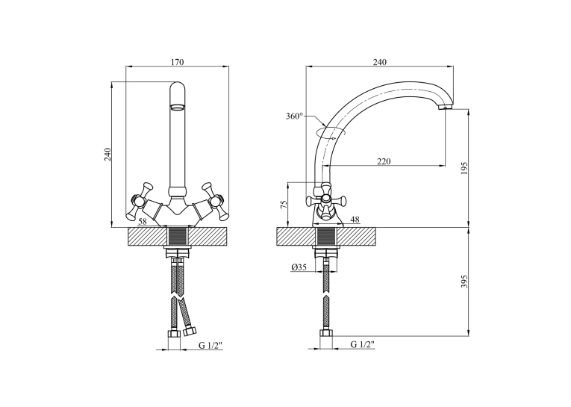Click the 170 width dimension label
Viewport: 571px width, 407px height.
[x=178, y=62]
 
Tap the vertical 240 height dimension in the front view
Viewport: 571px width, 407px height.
[x=107, y=155]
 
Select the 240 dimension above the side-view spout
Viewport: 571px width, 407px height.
[x=379, y=62]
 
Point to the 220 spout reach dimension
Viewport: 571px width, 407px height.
[x=384, y=161]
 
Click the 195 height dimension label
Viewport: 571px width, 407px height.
[x=464, y=168]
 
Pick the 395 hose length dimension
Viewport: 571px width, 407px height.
[x=464, y=282]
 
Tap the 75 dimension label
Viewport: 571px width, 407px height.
[x=285, y=204]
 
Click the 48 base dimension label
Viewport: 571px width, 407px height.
[x=355, y=220]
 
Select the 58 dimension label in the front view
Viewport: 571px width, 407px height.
[x=143, y=221]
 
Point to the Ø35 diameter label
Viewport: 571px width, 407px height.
[x=299, y=267]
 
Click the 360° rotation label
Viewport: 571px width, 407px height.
[x=294, y=116]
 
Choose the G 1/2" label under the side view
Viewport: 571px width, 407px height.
[x=362, y=344]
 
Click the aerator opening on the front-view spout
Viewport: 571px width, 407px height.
[x=178, y=107]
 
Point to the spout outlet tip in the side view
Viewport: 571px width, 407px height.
[x=445, y=107]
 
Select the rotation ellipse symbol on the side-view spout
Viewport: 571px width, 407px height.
[x=331, y=133]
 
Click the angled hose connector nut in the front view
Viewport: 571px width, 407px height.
[x=190, y=332]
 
